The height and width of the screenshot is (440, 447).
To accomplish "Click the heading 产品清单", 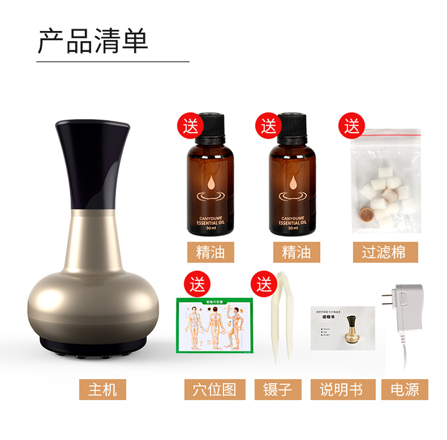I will point(93,40).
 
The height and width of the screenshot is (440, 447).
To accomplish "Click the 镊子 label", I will point(277,389).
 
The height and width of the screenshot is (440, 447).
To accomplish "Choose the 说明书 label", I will point(341,389).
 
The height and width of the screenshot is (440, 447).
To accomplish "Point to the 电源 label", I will point(405,389).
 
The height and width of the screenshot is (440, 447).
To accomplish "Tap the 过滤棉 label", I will point(383,251).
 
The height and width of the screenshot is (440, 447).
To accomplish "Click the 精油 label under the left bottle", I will point(210,251).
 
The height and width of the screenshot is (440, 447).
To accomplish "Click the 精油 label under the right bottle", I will point(296,251).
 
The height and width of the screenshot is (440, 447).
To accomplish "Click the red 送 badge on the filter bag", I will point(352,126).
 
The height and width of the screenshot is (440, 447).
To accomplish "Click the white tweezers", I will point(279,322).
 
